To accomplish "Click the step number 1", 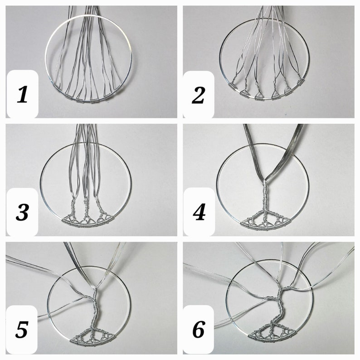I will [x=22, y=96].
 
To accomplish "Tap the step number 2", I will [x=198, y=96].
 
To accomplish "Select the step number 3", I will [x=22, y=213].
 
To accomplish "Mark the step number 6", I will [x=199, y=330].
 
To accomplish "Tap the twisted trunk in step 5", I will [x=94, y=308].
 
